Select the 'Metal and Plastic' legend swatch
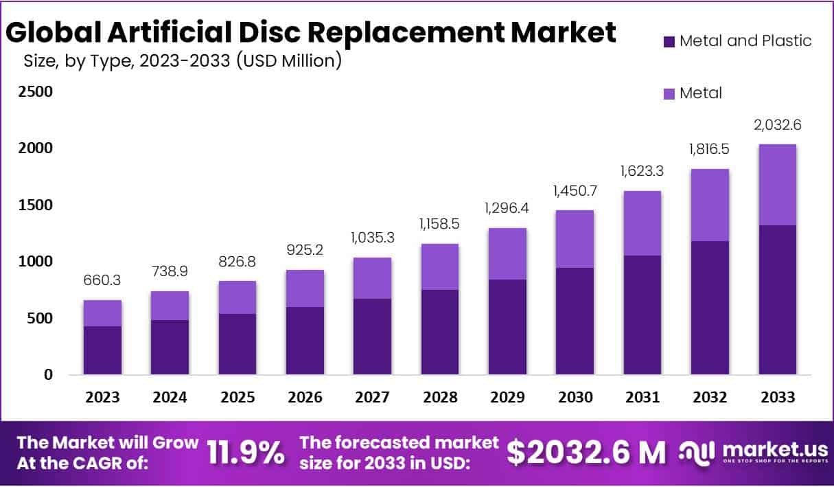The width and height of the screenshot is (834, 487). click(669, 41)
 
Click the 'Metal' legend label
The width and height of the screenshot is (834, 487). click(700, 93)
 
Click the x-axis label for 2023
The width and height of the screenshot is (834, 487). click(102, 398)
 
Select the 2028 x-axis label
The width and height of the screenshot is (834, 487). click(440, 398)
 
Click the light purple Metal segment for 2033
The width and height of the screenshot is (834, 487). click(778, 185)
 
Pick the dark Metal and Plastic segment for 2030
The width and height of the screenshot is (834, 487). click(575, 321)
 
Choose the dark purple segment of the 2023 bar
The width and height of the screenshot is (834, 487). click(102, 350)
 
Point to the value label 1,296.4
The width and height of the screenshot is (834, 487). click(507, 207)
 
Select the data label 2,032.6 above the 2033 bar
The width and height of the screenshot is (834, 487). click(778, 125)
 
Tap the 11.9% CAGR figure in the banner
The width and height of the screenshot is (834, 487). click(245, 453)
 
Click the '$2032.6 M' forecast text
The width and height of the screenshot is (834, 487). click(586, 452)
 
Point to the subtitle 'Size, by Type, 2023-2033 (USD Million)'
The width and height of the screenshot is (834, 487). click(183, 62)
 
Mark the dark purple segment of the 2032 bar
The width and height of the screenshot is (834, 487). click(710, 308)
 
